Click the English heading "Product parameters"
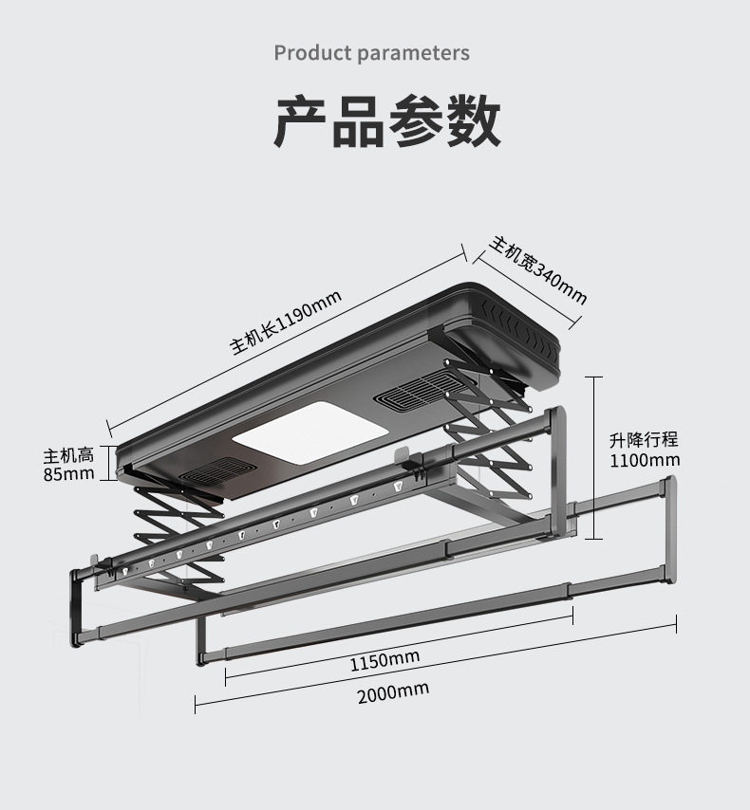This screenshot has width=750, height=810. (371, 52)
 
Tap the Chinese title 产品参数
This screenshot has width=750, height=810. (387, 121)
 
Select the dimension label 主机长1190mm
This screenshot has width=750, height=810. (286, 323)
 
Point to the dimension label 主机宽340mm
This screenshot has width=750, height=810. (537, 271)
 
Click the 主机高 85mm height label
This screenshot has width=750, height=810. (68, 464)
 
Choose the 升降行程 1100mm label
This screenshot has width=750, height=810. (644, 450)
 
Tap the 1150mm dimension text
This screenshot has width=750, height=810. (384, 658)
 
